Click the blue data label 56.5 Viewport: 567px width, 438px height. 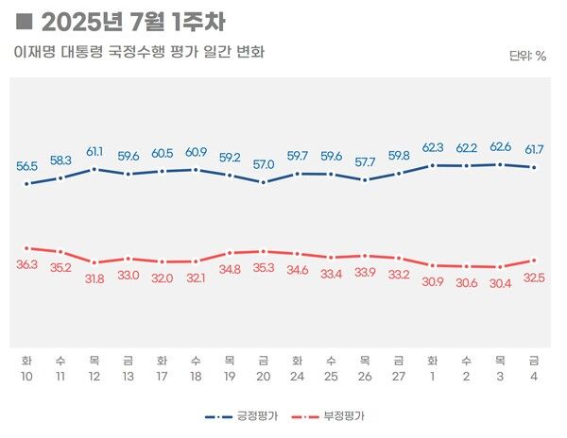coord(26,166)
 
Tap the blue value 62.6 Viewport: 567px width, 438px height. coord(500,146)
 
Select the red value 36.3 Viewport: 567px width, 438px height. coord(26,265)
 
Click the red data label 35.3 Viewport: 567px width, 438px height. coord(264,269)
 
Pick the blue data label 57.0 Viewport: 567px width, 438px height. coord(264,164)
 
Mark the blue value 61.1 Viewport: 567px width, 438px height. coord(94,151)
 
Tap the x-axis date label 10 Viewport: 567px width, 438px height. coord(26,376)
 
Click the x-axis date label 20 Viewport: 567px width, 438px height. coord(264,376)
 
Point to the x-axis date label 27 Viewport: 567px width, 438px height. coord(399,376)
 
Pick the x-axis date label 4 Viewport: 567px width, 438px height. coord(534,376)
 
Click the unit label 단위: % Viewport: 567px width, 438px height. coord(527,56)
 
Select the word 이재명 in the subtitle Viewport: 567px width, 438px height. coord(36,51)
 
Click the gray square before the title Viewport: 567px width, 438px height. coord(25,21)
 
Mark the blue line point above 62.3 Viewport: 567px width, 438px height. coord(433,165)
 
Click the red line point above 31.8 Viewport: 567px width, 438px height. coord(94,262)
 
